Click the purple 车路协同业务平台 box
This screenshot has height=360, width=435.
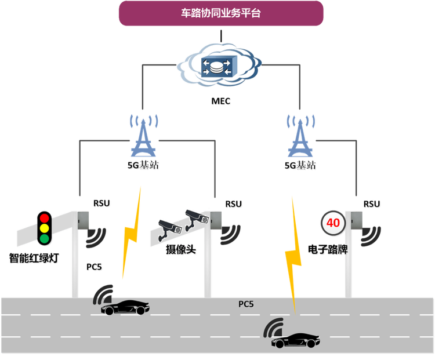221,13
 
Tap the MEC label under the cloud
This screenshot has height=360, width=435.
221,101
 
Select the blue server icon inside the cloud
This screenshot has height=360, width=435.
219,67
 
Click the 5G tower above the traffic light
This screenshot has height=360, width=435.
143,136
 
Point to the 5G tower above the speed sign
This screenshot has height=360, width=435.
300,136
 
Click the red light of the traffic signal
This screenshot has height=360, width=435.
45,219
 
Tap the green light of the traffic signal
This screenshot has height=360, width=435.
45,238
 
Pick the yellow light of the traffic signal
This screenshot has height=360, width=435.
45,228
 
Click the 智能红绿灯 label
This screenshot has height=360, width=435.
34,258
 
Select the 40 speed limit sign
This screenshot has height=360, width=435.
333,223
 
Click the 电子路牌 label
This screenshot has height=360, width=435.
328,249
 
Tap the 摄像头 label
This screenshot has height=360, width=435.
181,249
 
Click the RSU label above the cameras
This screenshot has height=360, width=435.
234,204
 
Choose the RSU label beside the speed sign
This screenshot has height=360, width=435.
372,204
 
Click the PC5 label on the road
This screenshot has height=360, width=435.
246,304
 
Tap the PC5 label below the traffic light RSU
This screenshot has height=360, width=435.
94,267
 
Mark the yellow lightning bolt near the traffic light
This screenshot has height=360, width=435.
131,233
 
